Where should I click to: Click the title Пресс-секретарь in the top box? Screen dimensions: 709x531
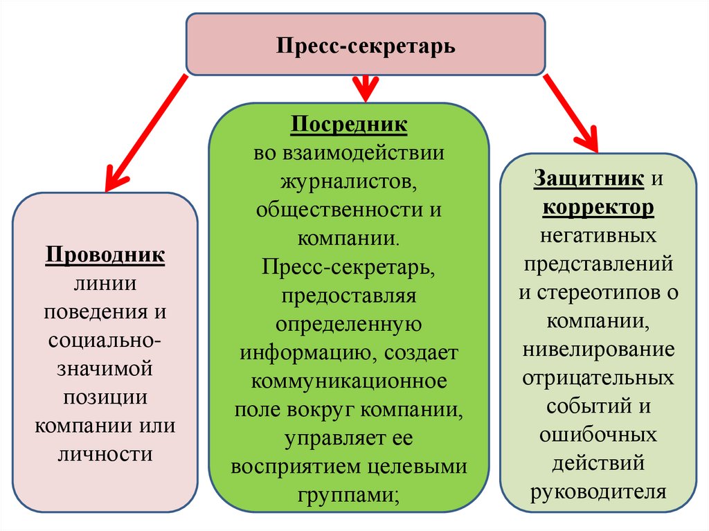tap(366, 46)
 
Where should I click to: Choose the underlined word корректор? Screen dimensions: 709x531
tap(598, 207)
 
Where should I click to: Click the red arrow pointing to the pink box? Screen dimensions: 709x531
tap(145, 132)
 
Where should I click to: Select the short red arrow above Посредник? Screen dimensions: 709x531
tap(365, 87)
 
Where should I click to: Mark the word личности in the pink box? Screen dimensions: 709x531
tap(105, 454)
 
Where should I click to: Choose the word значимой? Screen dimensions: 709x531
tap(105, 369)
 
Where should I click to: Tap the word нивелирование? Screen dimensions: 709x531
tap(598, 349)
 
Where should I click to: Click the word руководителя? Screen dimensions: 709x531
tap(598, 491)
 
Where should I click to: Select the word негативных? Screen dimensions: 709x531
tap(598, 235)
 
